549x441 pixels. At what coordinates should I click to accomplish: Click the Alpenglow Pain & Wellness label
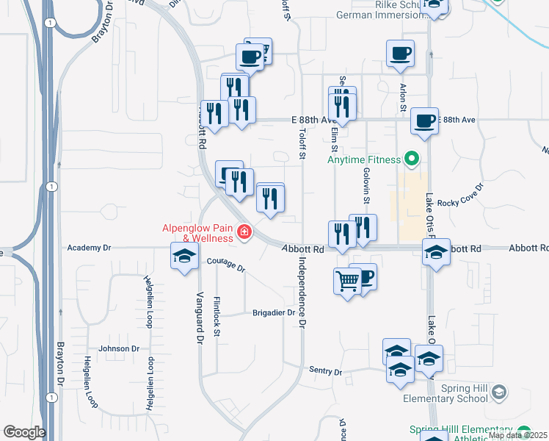point(197,232)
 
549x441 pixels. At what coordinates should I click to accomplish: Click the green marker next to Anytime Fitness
point(411,158)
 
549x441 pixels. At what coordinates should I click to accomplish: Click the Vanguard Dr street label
point(198,318)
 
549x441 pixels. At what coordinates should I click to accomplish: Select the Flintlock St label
point(217,317)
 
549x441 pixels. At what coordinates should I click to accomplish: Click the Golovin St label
point(366,184)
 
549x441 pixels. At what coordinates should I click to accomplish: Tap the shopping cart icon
point(347,280)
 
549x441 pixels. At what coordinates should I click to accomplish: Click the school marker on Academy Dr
point(184,257)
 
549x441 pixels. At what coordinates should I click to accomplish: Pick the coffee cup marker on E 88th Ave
point(424,121)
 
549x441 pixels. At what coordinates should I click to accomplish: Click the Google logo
point(24,432)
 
